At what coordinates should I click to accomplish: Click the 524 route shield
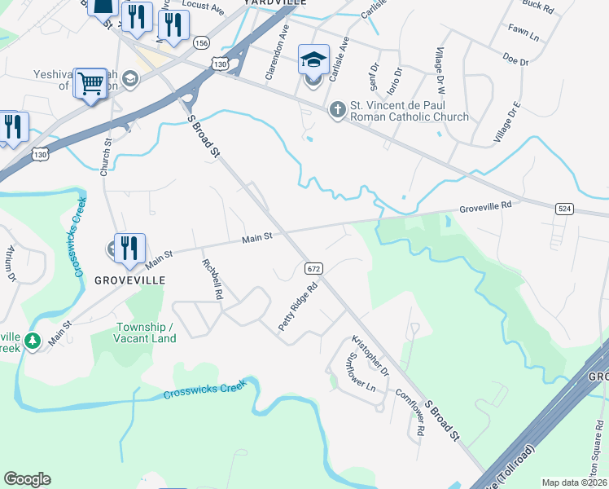564,209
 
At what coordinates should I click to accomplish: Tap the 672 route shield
314,268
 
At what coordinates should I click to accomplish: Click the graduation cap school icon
313,59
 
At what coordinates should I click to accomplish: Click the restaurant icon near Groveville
129,248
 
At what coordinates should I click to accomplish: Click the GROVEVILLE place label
130,280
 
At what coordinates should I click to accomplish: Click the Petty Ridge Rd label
297,306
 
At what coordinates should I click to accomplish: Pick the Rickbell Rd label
212,280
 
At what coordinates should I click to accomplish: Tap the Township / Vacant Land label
144,333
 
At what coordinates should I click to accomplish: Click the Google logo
27,479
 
